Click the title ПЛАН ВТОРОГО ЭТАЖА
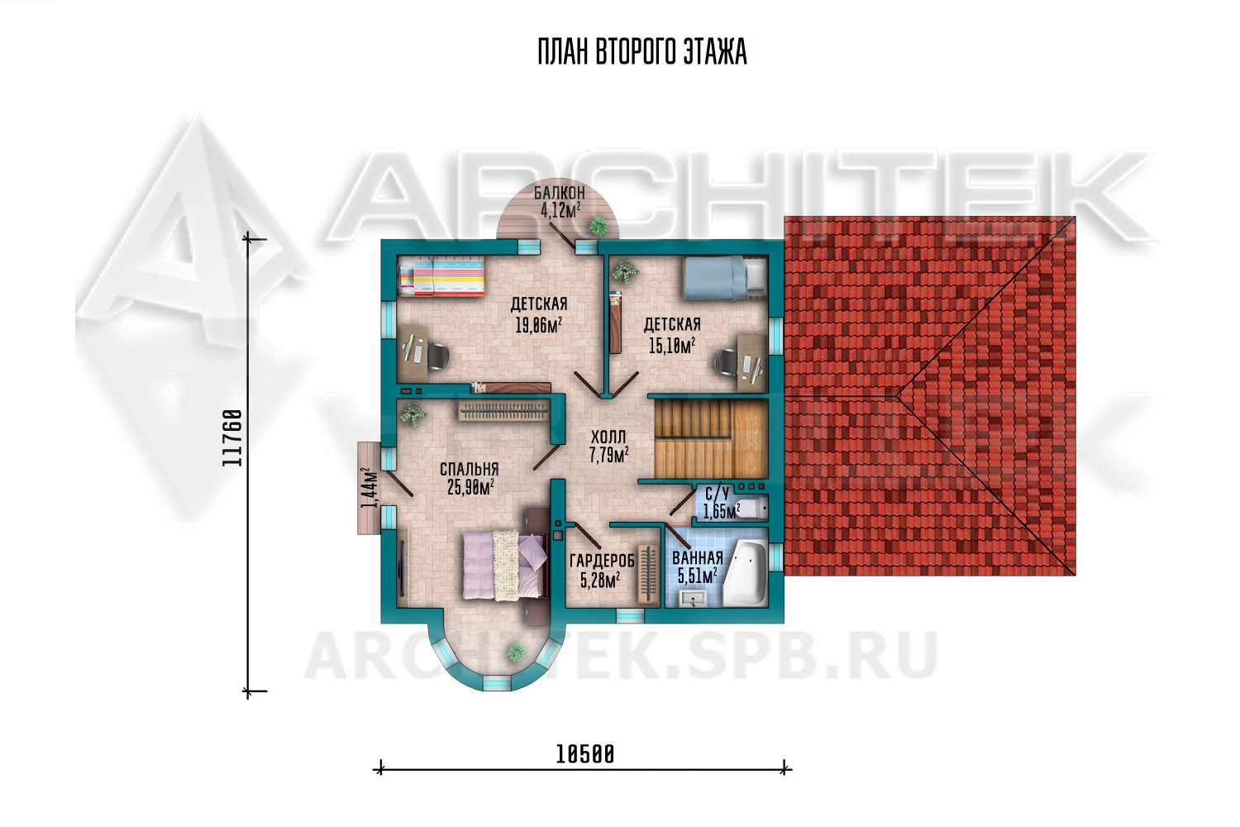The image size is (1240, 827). pos(642,53)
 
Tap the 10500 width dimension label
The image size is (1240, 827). pos(585,754)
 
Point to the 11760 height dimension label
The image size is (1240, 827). pos(232,437)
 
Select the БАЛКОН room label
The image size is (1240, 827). pos(559,193)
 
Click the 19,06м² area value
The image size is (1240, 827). pos(539,325)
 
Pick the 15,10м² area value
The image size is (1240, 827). pos(671,346)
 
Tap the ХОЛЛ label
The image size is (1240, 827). pos(608,437)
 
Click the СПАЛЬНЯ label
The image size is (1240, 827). pos(469,469)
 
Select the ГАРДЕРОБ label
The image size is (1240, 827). pos(602,561)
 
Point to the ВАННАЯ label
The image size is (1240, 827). pos(698,557)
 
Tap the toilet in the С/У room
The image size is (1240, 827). pos(751,508)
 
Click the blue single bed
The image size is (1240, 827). pos(725,278)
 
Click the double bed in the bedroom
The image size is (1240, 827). pos(505,566)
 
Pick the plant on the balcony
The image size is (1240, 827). pos(598,226)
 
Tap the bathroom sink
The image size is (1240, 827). pos(692,598)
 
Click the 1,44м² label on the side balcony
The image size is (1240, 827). pos(370,489)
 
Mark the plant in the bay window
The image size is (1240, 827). pos(517,652)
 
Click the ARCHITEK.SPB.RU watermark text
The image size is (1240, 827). pos(620,657)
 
